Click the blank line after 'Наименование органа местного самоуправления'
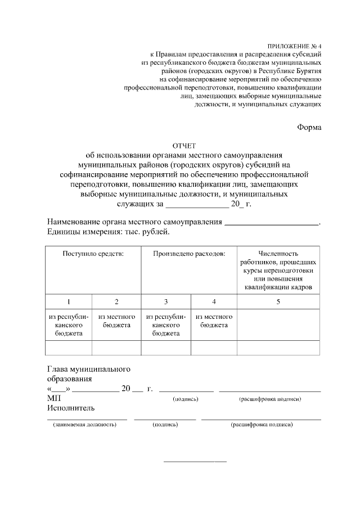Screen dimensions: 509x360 272,224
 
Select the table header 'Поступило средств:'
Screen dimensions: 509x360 93,254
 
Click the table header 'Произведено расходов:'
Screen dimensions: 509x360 189,254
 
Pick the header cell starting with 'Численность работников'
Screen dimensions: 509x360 278,271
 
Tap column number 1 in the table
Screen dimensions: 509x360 69,301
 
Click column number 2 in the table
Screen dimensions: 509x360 116,301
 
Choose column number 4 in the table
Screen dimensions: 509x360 214,301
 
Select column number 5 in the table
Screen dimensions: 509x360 278,301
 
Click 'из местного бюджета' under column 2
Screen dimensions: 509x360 116,321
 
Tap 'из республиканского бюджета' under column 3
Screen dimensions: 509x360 166,325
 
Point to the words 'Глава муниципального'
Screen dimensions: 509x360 89,370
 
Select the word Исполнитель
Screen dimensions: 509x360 71,408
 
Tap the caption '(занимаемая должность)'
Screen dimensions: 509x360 84,425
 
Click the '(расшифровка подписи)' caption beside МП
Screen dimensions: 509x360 269,399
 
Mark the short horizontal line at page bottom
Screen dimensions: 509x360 195,462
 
